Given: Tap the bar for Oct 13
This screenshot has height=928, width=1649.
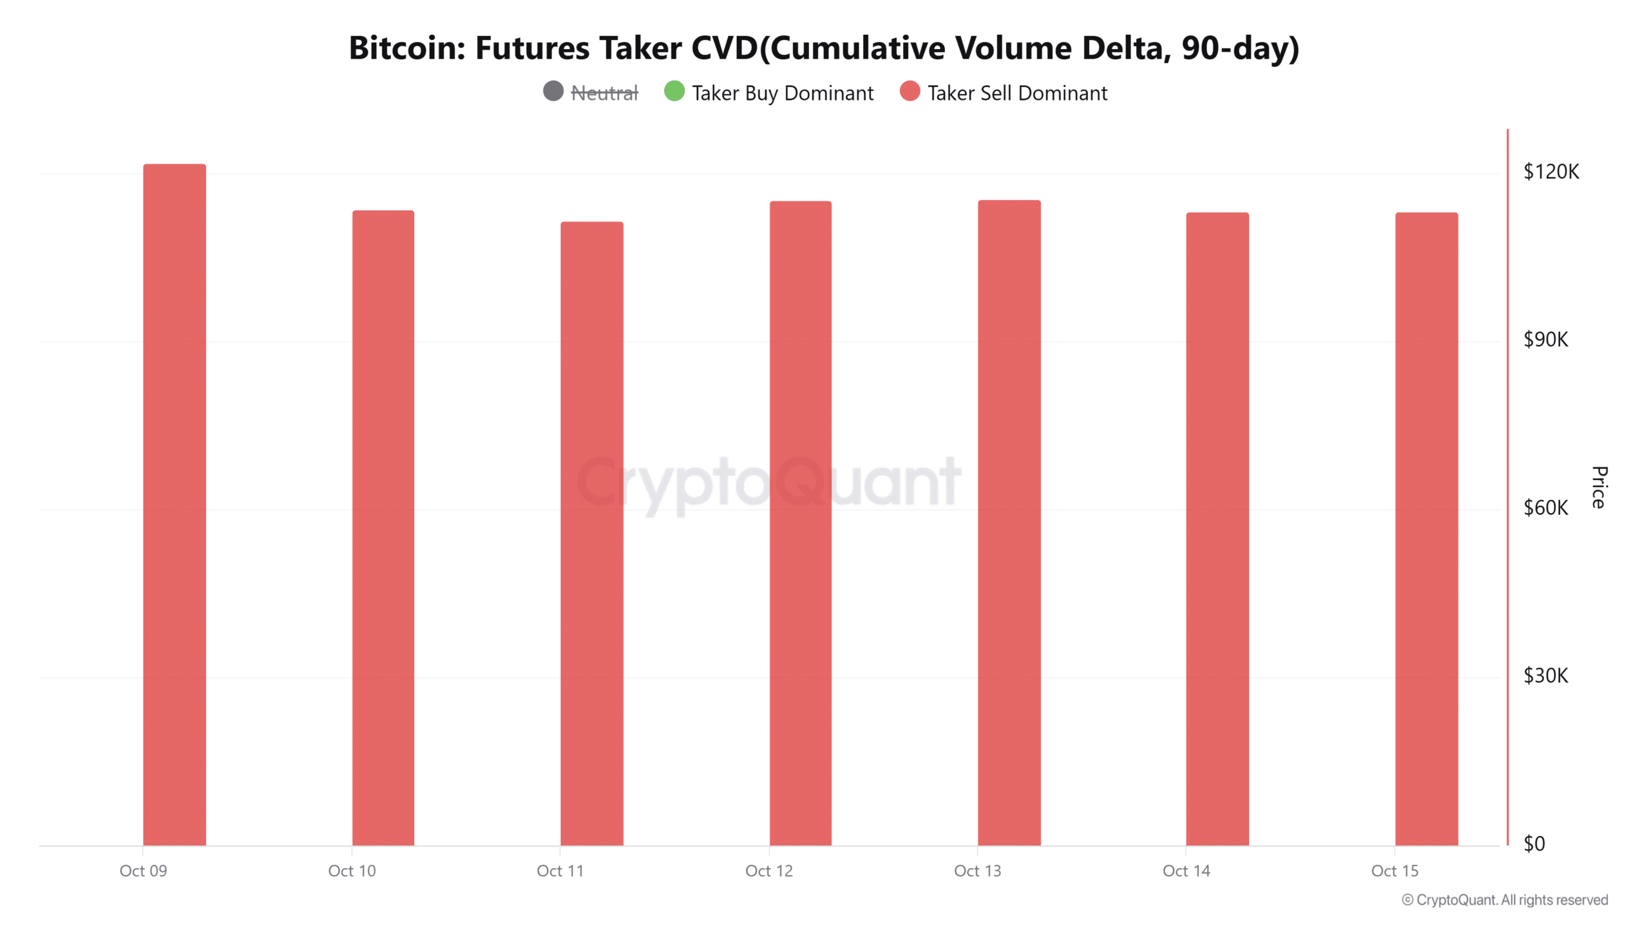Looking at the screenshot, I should [x=1009, y=523].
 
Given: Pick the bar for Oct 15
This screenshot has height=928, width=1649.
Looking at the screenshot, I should [x=1427, y=529].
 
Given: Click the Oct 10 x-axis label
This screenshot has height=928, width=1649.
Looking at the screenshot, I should [x=352, y=871].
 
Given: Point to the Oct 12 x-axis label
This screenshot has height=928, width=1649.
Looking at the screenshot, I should [x=769, y=871].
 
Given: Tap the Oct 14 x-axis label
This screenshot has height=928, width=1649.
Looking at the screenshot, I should [x=1187, y=871].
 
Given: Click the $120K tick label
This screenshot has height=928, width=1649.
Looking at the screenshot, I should [x=1551, y=171].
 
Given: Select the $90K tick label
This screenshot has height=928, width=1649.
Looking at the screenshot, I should [x=1546, y=340].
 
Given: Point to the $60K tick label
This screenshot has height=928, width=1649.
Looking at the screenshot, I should [x=1546, y=508].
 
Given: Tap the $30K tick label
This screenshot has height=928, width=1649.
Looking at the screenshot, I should [x=1546, y=675].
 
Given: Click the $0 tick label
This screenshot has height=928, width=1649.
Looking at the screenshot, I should [x=1534, y=844].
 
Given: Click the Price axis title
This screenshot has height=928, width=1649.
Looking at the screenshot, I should [x=1599, y=487].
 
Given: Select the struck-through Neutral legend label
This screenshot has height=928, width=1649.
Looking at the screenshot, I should [x=604, y=93].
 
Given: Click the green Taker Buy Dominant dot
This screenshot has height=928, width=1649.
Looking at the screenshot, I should [x=674, y=92].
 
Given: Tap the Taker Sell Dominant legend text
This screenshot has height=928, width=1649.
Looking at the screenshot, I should [x=1017, y=93].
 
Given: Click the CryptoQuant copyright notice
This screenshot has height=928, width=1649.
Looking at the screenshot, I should [x=1505, y=900].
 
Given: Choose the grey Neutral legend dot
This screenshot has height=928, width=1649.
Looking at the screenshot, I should [x=553, y=92].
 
